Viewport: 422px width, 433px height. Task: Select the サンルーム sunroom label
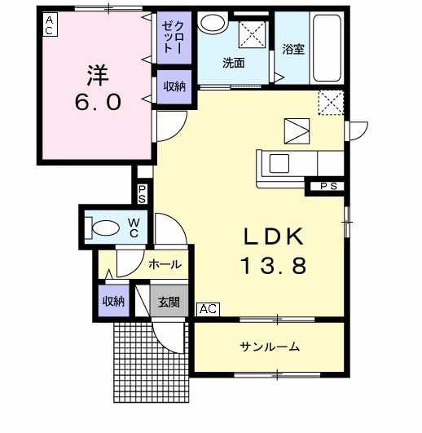(x=269, y=347)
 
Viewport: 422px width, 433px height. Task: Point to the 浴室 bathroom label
(x=293, y=49)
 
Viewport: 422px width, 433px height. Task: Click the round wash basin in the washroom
(x=213, y=24)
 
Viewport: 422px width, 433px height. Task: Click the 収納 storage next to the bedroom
(x=174, y=86)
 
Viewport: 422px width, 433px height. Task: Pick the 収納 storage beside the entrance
(x=113, y=301)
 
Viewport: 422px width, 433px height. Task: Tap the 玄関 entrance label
(x=169, y=302)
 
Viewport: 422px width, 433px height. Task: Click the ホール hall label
(x=164, y=264)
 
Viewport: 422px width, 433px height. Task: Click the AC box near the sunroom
(x=208, y=309)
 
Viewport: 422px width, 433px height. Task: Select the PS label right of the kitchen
(x=327, y=186)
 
